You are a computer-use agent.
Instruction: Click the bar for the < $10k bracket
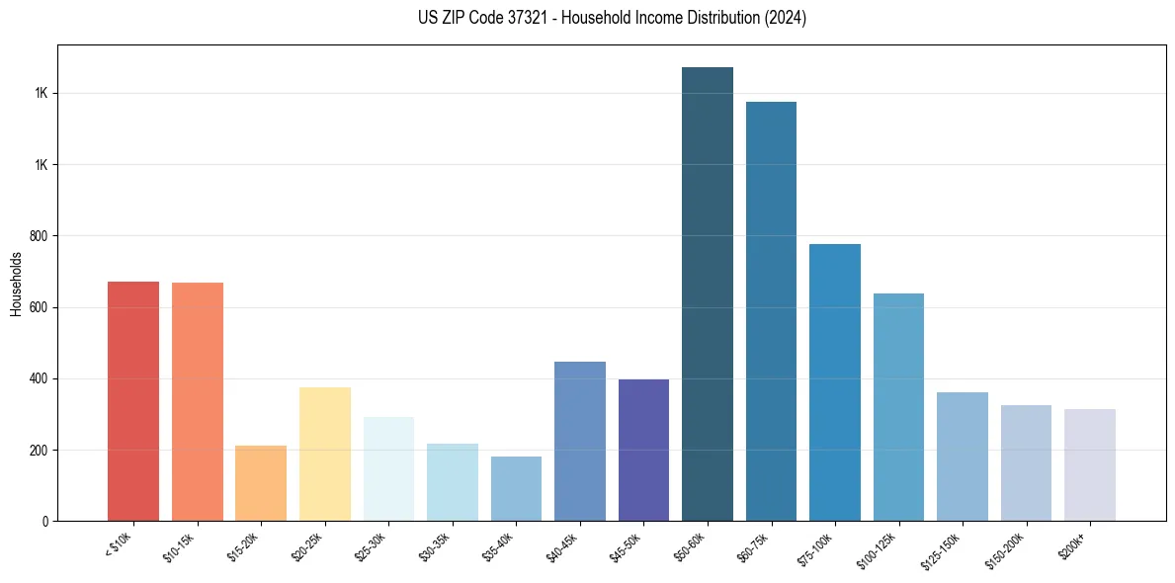(133, 401)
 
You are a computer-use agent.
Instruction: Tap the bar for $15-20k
(261, 483)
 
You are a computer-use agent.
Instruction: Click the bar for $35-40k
(516, 489)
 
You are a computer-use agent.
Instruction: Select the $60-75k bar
(771, 311)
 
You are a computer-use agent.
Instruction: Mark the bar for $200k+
(1090, 465)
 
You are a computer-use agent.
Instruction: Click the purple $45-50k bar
(643, 451)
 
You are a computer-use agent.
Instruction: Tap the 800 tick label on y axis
(40, 236)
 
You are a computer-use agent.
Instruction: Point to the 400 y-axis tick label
(40, 378)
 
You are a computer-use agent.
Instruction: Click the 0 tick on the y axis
(45, 521)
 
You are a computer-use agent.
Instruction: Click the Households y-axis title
(17, 284)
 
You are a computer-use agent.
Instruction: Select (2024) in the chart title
(784, 18)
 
